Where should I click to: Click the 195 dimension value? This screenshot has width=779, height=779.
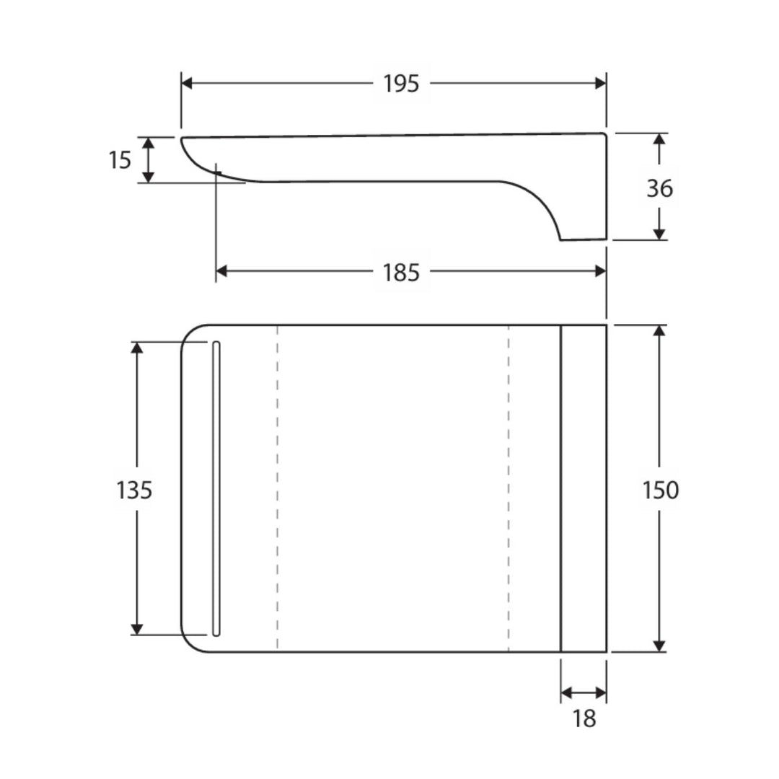tap(401, 84)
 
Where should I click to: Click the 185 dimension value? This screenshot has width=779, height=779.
tap(401, 272)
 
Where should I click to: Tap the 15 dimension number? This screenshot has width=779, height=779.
tap(120, 160)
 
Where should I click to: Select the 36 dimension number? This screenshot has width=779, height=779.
tap(660, 188)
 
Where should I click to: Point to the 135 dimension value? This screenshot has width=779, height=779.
tap(134, 490)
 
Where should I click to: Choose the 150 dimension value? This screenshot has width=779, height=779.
tap(661, 490)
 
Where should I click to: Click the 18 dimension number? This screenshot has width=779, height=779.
tap(584, 718)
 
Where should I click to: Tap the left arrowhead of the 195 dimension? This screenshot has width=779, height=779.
tap(187, 83)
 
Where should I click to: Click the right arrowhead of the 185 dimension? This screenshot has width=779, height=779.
tap(600, 270)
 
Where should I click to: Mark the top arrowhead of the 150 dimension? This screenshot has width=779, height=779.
tap(659, 331)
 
